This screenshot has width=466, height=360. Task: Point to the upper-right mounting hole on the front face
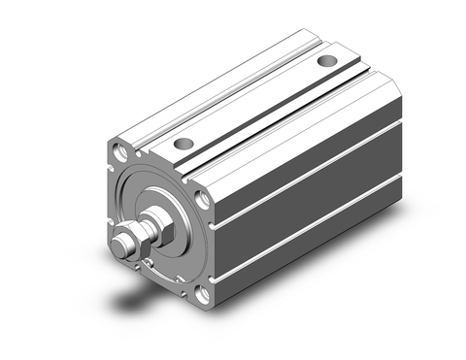pos(202,200)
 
